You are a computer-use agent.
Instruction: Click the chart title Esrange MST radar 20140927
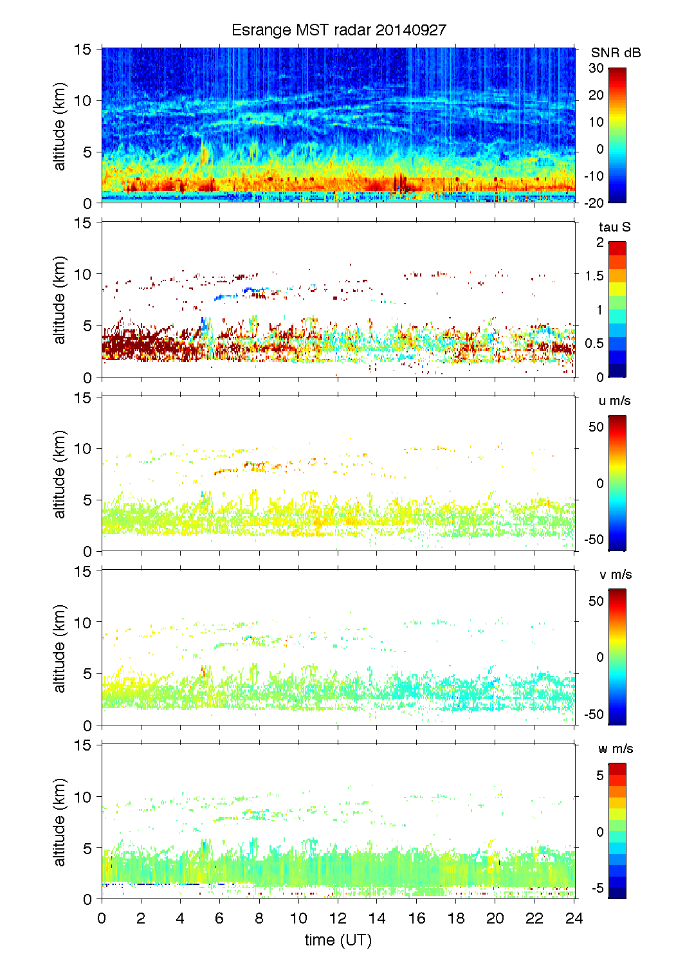[x=338, y=30]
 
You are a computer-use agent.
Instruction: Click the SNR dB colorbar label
[x=616, y=53]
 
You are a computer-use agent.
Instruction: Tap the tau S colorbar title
[x=614, y=227]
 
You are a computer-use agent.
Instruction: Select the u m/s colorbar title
[x=614, y=401]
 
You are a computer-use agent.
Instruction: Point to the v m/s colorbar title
[x=615, y=575]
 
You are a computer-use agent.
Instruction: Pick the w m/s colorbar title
[x=616, y=749]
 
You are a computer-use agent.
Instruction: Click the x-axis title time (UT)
[x=338, y=940]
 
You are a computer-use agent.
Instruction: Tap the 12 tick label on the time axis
[x=338, y=918]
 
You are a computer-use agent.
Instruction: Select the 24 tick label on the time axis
[x=574, y=918]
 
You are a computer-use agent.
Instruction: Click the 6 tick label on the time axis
[x=219, y=918]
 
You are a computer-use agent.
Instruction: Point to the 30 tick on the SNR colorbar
[x=596, y=68]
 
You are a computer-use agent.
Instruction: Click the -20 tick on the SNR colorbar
[x=594, y=203]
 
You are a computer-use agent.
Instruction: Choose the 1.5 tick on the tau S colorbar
[x=594, y=276]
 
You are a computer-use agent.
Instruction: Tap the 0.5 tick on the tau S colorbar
[x=594, y=343]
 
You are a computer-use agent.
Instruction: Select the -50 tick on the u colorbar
[x=594, y=540]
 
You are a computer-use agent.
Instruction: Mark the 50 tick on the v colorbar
[x=596, y=601]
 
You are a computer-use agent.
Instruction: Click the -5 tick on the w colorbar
[x=597, y=888]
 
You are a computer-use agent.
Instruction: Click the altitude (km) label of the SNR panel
[x=60, y=126]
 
